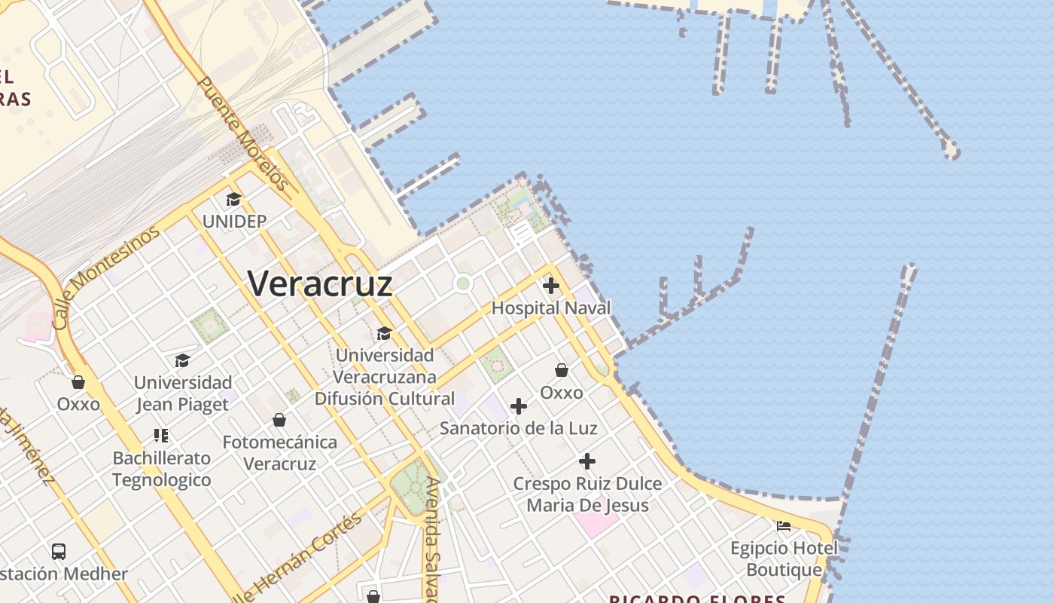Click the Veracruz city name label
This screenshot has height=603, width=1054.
pyautogui.click(x=320, y=284)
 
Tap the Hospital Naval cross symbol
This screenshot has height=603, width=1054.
pyautogui.click(x=551, y=286)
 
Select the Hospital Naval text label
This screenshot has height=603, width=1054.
pyautogui.click(x=551, y=308)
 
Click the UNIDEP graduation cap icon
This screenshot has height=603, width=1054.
pyautogui.click(x=233, y=200)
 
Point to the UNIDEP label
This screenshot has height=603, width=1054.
pyautogui.click(x=234, y=221)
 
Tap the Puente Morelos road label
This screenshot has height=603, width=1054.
pyautogui.click(x=242, y=133)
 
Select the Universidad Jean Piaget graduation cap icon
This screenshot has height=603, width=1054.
pyautogui.click(x=182, y=360)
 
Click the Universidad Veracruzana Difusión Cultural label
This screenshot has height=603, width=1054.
pyautogui.click(x=385, y=376)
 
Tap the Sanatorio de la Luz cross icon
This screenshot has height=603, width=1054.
pyautogui.click(x=519, y=406)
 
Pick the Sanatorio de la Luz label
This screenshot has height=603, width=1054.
pyautogui.click(x=519, y=428)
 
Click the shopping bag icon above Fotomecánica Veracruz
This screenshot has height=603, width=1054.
pyautogui.click(x=279, y=420)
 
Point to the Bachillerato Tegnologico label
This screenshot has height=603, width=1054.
pyautogui.click(x=162, y=469)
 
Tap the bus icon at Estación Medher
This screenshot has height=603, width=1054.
pyautogui.click(x=59, y=551)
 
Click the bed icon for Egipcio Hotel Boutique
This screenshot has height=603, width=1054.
pyautogui.click(x=784, y=526)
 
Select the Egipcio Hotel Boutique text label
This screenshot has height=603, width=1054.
pyautogui.click(x=784, y=559)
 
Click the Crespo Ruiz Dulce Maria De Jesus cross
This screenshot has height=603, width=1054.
pyautogui.click(x=587, y=461)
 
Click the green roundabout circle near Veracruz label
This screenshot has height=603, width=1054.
pyautogui.click(x=463, y=284)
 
